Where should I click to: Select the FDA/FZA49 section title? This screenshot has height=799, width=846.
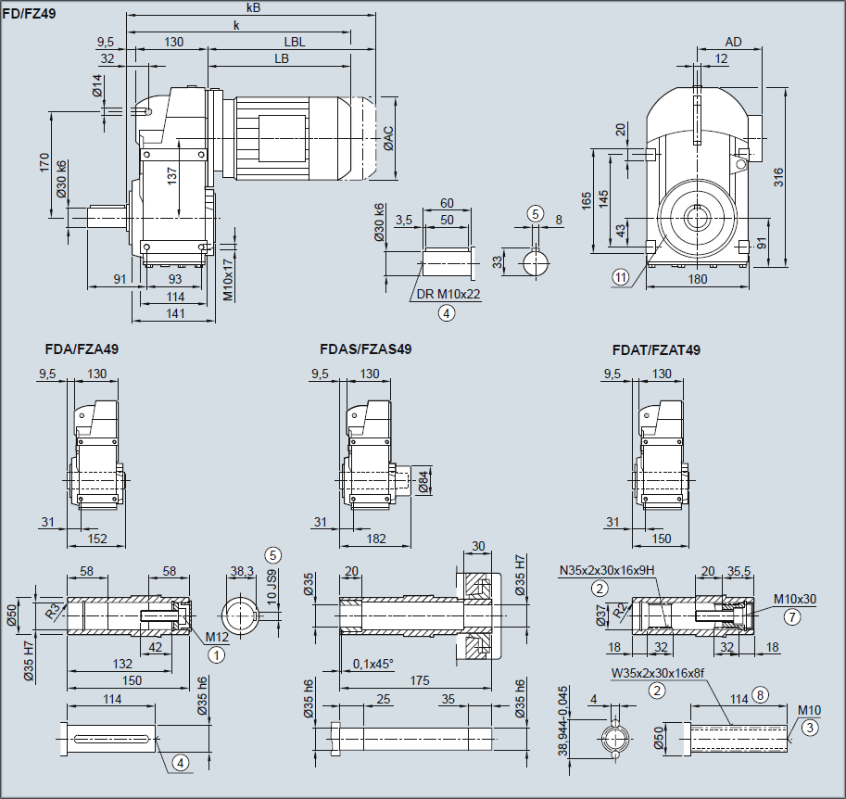82,349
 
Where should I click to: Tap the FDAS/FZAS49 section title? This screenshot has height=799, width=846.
365,349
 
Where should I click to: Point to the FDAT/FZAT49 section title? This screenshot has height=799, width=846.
656,349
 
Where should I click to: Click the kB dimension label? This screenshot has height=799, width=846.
253,7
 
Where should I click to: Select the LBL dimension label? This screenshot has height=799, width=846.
295,42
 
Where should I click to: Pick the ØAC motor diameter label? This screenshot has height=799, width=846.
389,139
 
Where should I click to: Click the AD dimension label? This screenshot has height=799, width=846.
733,42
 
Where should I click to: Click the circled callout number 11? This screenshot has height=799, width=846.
620,276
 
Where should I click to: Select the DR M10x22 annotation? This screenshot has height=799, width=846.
448,294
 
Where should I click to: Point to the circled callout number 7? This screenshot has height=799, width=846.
790,615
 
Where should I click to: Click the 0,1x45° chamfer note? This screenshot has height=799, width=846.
373,664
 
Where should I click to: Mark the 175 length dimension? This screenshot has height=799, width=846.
419,680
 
